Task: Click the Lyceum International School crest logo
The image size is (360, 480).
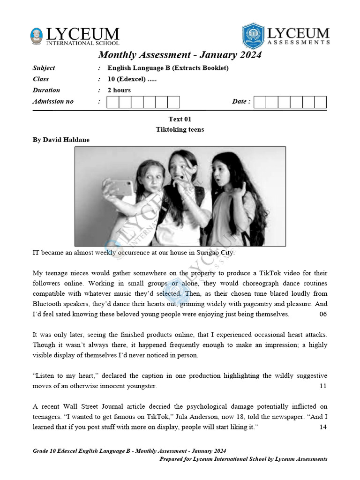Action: [x=36, y=37]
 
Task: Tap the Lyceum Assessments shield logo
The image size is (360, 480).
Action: [x=253, y=36]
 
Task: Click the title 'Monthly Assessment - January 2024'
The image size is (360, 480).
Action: [x=180, y=55]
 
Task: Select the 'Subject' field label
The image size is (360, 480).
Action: [x=44, y=68]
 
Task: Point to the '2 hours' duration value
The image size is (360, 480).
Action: [x=119, y=90]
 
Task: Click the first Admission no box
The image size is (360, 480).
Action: [x=113, y=102]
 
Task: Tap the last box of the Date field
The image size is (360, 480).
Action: [x=320, y=102]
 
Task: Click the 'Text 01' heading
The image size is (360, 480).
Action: [x=180, y=119]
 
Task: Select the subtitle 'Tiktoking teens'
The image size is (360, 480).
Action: [x=180, y=129]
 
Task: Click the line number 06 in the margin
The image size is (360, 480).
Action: [x=323, y=314]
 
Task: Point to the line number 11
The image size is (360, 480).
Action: [x=323, y=386]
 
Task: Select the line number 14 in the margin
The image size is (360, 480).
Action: [x=323, y=427]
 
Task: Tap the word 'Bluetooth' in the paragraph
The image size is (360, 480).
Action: [x=49, y=304]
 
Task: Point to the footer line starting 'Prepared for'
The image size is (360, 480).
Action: [x=243, y=459]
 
